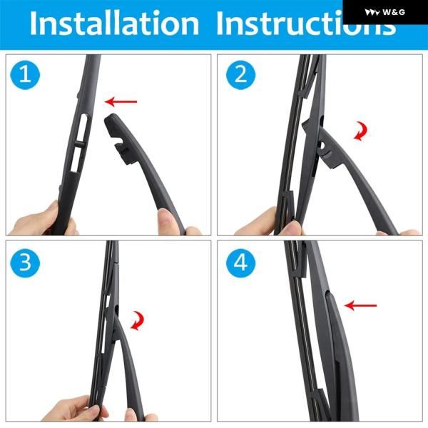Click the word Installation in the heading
(114, 24)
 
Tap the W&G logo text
(394, 12)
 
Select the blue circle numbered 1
(25, 75)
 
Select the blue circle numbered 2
(241, 75)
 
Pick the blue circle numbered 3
(25, 263)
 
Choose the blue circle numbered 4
(241, 263)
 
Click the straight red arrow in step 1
(121, 102)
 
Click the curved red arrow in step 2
(362, 131)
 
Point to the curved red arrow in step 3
(138, 321)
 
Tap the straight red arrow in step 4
(360, 305)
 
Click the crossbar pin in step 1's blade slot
(79, 144)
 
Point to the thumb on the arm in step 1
(166, 220)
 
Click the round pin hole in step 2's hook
(322, 146)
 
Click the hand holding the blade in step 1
(41, 220)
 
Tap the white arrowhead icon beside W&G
(372, 12)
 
